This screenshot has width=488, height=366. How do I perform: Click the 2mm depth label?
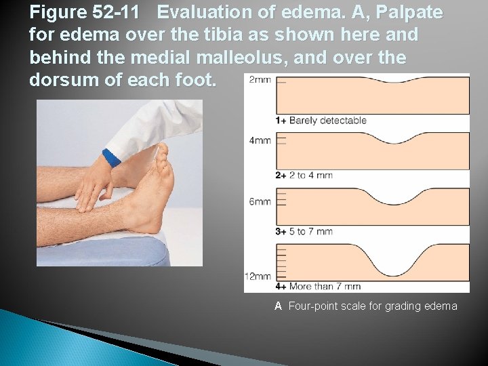point(260,79)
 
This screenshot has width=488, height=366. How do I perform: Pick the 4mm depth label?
point(260,140)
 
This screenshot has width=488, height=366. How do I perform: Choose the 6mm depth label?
point(260,202)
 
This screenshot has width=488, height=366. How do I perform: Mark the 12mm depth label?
point(258,277)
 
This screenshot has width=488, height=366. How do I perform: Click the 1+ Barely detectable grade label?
point(321,121)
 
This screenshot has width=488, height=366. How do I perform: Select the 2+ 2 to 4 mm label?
point(304,175)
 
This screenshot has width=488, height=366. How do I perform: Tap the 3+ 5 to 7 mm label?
point(304,231)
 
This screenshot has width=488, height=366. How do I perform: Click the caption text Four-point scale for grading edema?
point(373,306)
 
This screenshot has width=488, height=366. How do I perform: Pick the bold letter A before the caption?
point(278,306)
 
